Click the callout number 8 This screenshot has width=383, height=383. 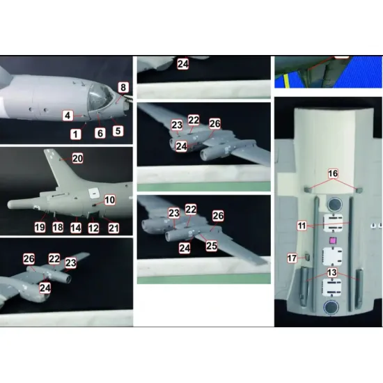click(123, 88)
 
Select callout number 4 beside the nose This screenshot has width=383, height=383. click(68, 116)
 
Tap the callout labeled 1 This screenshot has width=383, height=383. click(76, 134)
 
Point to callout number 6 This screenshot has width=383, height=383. click(100, 133)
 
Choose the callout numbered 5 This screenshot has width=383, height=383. click(118, 131)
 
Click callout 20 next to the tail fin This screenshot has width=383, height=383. click(77, 159)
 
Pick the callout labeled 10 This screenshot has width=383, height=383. click(109, 200)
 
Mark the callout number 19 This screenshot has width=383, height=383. click(40, 228)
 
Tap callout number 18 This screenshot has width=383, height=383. click(58, 228)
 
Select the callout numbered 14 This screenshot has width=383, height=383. click(76, 228)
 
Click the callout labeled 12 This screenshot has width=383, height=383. click(93, 228)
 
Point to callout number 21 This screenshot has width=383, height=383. click(114, 228)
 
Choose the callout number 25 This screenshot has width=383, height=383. click(212, 246)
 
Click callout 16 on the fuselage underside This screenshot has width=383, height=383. click(333, 173)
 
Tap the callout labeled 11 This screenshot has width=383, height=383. click(302, 226)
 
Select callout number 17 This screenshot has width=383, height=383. click(292, 258)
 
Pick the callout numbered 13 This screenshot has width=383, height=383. click(332, 272)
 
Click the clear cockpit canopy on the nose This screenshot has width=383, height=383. click(100, 97)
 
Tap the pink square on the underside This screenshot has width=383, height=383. click(332, 241)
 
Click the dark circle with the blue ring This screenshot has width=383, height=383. click(331, 307)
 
